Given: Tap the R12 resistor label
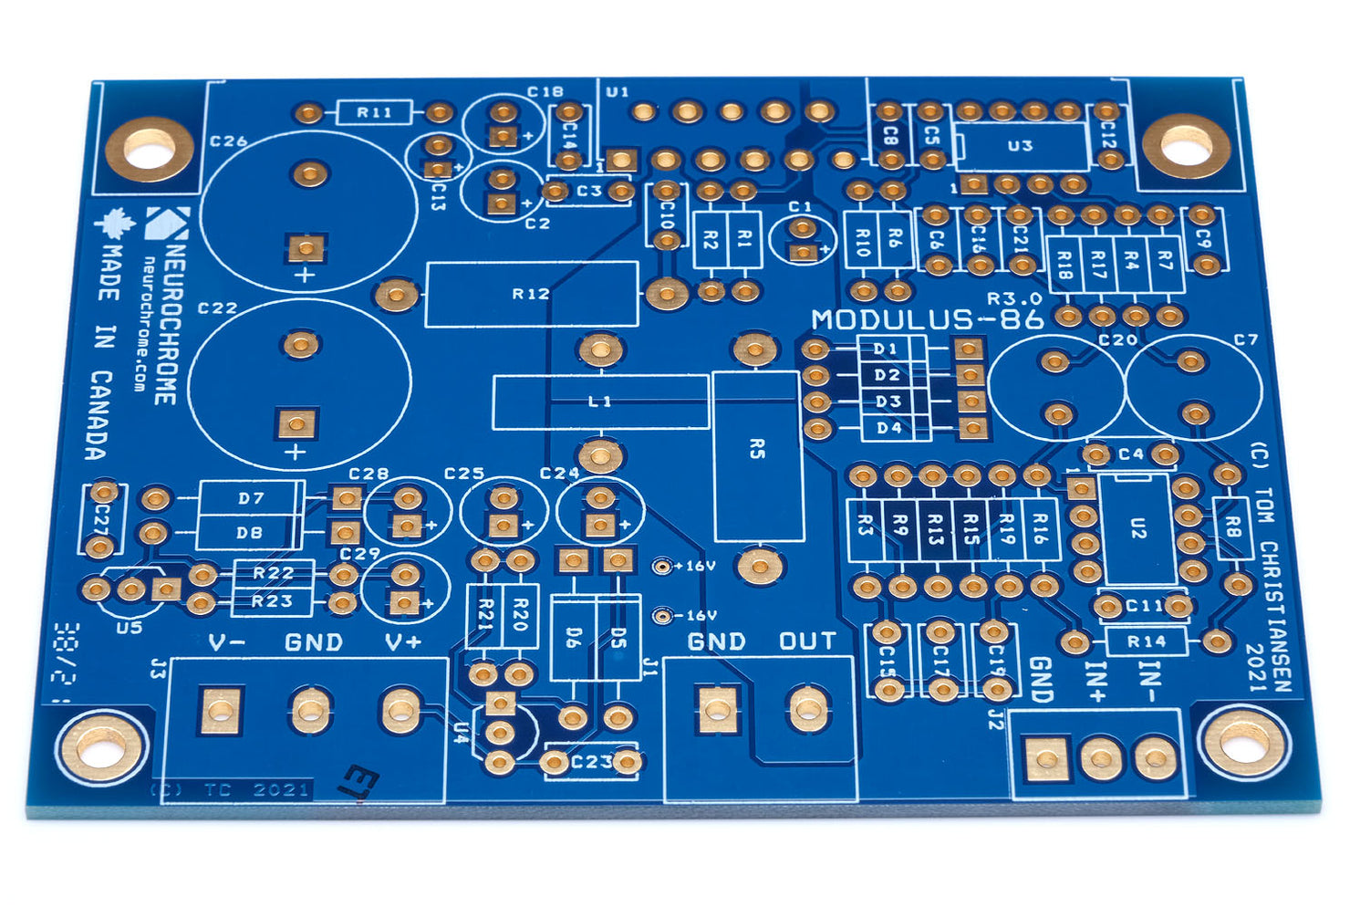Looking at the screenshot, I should [x=530, y=294].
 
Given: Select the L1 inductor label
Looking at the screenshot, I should [x=600, y=401].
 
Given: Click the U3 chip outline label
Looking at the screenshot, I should [x=1020, y=146].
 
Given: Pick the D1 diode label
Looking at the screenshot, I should [x=886, y=349].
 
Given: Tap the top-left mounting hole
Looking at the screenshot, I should [x=149, y=149].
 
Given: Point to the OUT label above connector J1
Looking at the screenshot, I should [x=807, y=641].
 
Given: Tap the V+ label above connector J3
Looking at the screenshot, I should [x=402, y=642].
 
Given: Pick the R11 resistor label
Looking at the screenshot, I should [x=374, y=112].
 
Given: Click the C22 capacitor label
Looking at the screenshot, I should [x=217, y=308].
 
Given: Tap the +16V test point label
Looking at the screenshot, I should [x=698, y=566].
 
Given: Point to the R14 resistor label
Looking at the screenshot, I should [x=1146, y=641].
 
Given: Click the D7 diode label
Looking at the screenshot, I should [x=251, y=498].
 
